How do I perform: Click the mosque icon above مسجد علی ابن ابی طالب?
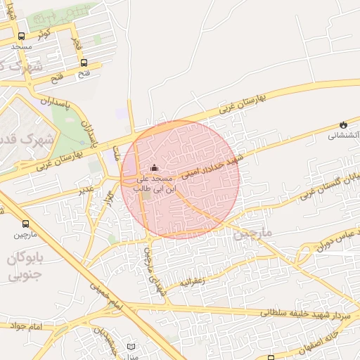coord(155,168)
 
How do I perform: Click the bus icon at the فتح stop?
coord(84,62)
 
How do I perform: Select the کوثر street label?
coord(44,33)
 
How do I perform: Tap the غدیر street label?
coord(86,190)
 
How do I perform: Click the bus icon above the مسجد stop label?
coord(21,36)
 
